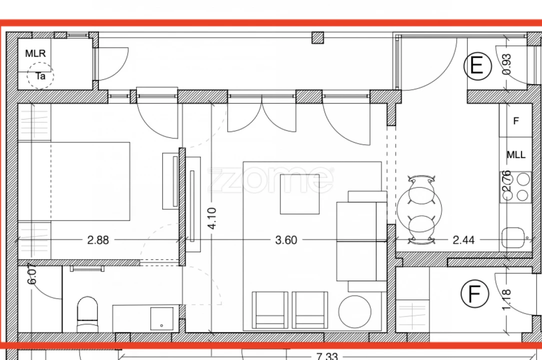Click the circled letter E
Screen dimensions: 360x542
click(x=477, y=66)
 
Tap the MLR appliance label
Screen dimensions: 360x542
click(x=35, y=53)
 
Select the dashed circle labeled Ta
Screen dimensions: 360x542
click(x=40, y=76)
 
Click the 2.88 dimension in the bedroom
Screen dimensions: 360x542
click(x=98, y=240)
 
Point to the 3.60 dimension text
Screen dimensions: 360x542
click(x=286, y=240)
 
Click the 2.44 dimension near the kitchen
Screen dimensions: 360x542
click(x=463, y=240)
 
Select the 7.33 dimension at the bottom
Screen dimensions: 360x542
click(x=327, y=356)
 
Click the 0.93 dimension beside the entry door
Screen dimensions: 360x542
click(x=506, y=64)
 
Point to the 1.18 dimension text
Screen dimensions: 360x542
click(x=508, y=299)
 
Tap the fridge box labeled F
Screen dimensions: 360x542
click(x=516, y=121)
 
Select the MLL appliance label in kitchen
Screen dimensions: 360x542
click(x=516, y=155)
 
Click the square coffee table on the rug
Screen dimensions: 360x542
click(x=300, y=194)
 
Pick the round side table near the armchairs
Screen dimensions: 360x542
click(x=355, y=311)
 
